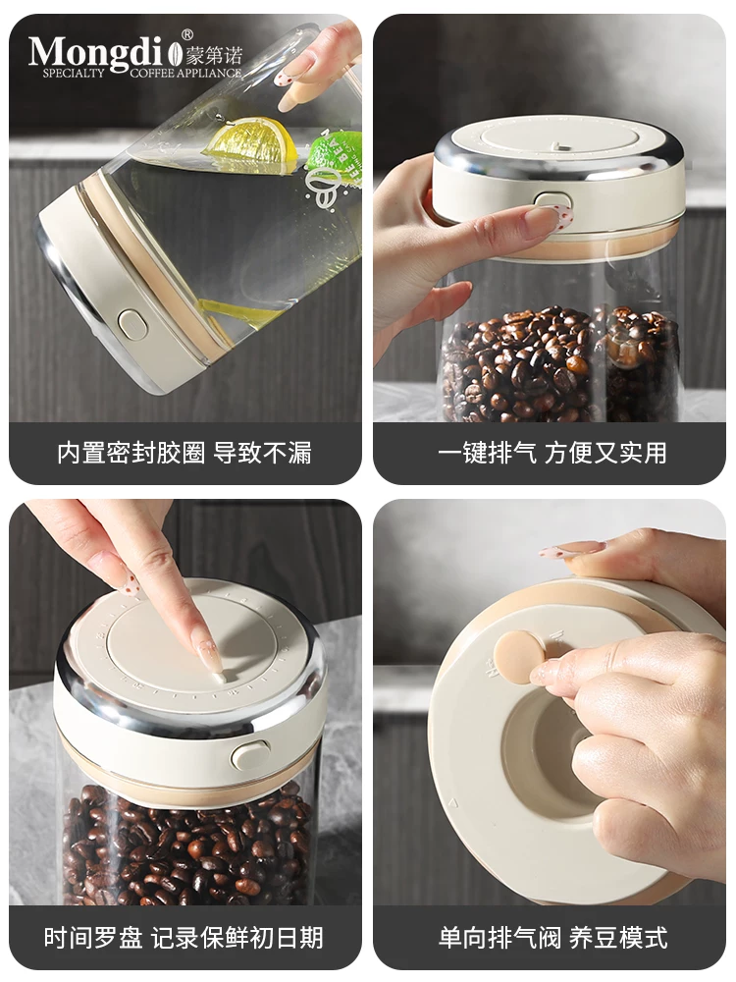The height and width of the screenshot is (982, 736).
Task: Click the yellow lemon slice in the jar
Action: [250, 140]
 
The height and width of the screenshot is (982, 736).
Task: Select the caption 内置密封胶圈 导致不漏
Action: [184, 453]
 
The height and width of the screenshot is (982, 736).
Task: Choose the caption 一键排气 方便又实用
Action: [552, 453]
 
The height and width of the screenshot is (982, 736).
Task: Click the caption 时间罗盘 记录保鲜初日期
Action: [184, 937]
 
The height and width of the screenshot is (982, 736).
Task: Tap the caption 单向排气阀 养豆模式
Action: [552, 937]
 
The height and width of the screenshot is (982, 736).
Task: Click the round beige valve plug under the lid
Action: [519, 656]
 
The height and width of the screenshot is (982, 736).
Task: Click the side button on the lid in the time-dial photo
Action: [250, 754]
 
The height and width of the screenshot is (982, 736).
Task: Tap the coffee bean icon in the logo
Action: [176, 54]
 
